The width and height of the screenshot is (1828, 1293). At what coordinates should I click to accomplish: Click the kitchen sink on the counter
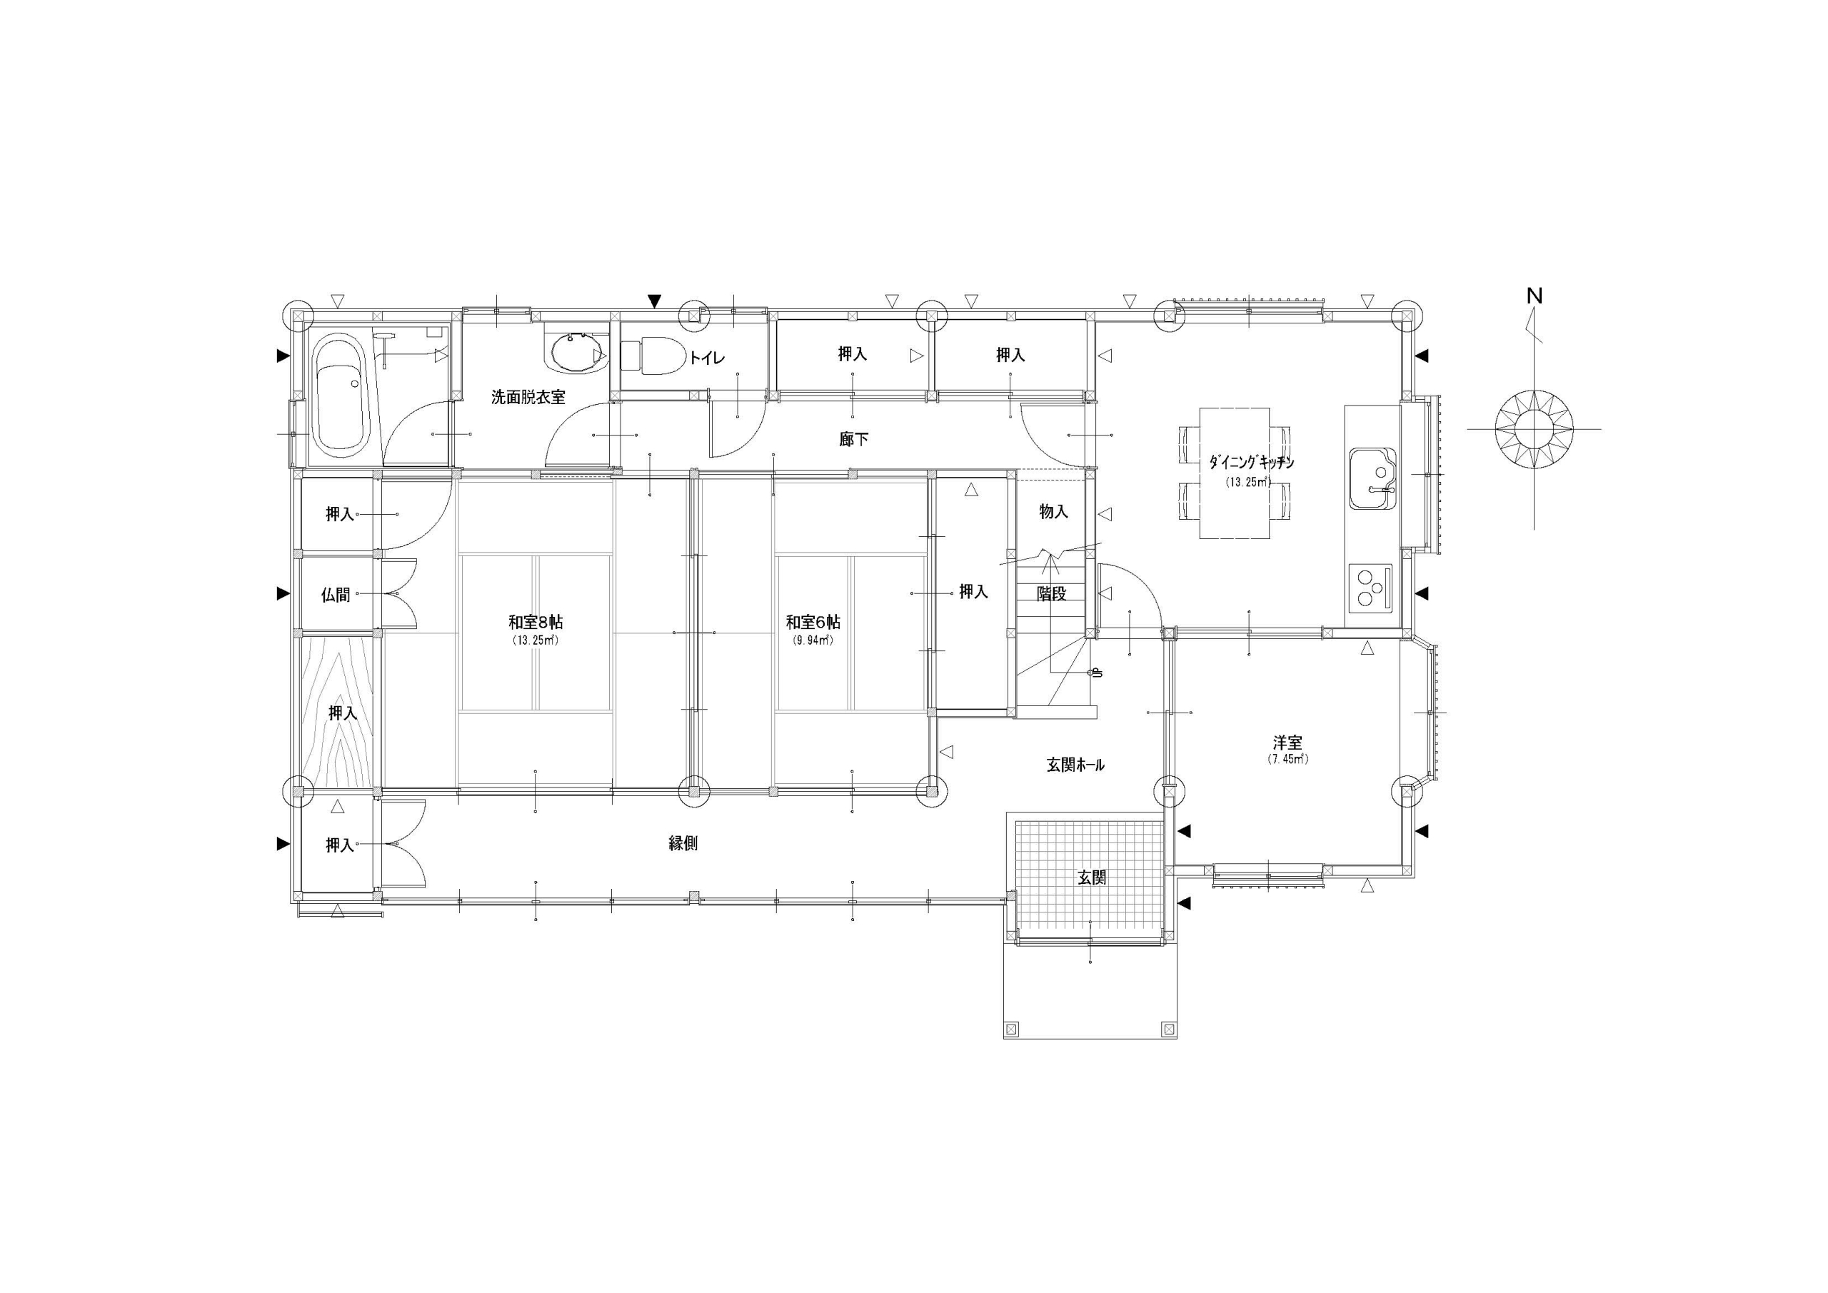click(x=1372, y=478)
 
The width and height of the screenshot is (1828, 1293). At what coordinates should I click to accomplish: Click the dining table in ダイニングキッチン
click(x=1234, y=473)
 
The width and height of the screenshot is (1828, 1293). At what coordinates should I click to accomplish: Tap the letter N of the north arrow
click(x=1535, y=296)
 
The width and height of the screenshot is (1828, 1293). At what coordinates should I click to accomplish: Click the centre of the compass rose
click(x=1535, y=428)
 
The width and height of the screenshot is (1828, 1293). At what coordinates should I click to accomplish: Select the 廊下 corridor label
click(x=853, y=438)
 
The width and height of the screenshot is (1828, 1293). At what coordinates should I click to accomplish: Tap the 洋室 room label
click(x=1287, y=743)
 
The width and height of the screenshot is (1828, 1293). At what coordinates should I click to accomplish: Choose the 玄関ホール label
click(x=1075, y=765)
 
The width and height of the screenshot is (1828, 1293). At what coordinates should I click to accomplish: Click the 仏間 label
click(x=335, y=594)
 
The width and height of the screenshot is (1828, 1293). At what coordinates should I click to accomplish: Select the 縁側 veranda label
click(x=683, y=843)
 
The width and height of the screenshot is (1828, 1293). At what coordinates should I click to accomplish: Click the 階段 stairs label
click(x=1051, y=593)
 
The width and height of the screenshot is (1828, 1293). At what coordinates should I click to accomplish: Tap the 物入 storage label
click(x=1053, y=512)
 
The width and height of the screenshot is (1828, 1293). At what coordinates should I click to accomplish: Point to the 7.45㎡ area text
click(x=1287, y=759)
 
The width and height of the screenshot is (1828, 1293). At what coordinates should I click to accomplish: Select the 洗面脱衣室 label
click(x=528, y=396)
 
